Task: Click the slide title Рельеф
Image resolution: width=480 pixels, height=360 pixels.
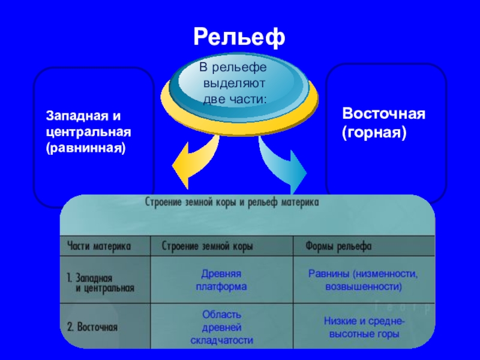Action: [239, 38]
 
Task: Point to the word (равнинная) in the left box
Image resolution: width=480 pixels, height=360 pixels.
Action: [86, 146]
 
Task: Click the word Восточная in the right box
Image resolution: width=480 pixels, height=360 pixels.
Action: [383, 113]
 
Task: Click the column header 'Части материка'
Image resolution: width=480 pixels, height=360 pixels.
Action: [99, 247]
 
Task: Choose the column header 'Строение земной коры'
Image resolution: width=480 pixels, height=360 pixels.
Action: [208, 247]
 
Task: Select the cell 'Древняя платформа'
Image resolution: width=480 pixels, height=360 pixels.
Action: [221, 280]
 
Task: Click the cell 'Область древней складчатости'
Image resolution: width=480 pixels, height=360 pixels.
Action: [221, 328]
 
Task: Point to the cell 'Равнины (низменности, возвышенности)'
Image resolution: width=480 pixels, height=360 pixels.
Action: [363, 280]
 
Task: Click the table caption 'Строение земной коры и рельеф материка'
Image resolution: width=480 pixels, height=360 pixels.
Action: [233, 203]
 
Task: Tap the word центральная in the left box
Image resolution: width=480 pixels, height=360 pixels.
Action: [89, 130]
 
